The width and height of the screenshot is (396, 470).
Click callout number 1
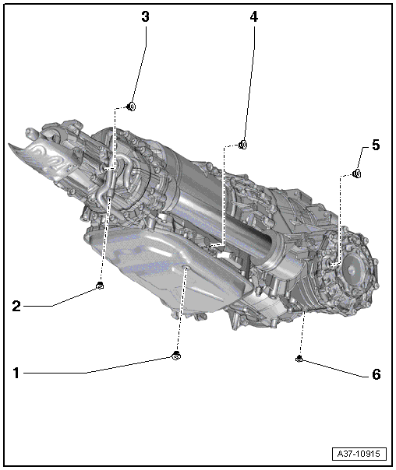point(16,374)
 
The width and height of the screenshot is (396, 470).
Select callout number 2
point(16,306)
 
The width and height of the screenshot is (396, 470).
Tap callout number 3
point(145,17)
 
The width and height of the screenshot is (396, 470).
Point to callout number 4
point(254,17)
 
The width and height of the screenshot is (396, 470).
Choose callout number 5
point(376,145)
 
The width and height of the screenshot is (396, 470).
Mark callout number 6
point(377,374)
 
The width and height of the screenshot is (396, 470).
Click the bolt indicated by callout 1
point(176,355)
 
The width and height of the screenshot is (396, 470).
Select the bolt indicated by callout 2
point(100,286)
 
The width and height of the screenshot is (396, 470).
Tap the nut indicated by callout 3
point(131,107)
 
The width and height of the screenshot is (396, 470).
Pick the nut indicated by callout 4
point(243,145)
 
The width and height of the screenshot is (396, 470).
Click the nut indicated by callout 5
point(357,174)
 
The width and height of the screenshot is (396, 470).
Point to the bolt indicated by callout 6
point(299,358)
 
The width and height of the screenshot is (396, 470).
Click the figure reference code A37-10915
point(359,454)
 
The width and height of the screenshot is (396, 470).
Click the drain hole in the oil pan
point(186,267)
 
